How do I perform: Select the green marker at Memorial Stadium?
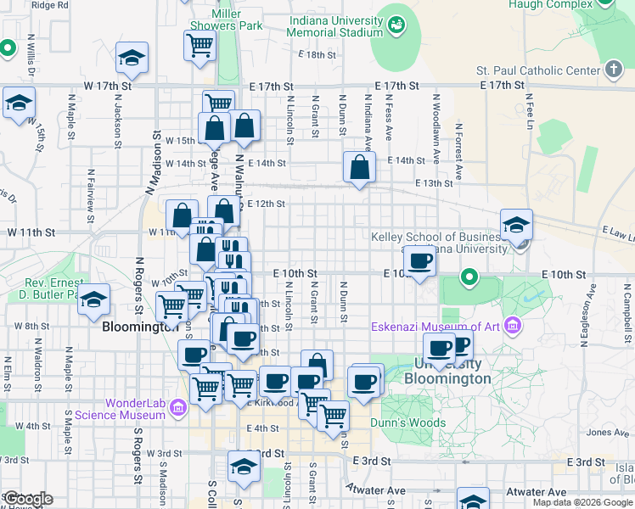(x=396, y=25)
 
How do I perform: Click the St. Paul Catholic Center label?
(x=538, y=70)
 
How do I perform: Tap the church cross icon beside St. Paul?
(x=614, y=69)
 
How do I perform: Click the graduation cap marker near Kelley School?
(x=516, y=224)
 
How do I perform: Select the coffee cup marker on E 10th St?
(x=419, y=260)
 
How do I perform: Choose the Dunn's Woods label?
(x=407, y=422)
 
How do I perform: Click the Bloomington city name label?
(x=138, y=326)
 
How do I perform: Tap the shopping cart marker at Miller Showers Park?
(x=199, y=44)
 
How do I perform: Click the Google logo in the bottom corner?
(x=27, y=498)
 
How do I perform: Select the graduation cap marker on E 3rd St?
(x=244, y=466)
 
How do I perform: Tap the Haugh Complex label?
(x=550, y=4)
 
